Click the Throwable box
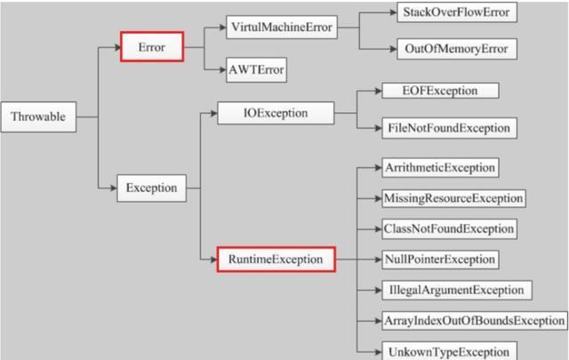[38, 116]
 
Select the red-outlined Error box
[152, 46]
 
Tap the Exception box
[151, 188]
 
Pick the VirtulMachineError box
[281, 28]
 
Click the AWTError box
[256, 69]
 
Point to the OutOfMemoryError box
[456, 49]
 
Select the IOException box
[276, 113]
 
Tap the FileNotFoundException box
[449, 128]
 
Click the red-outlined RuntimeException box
[276, 260]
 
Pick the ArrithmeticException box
[440, 167]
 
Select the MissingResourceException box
[453, 197]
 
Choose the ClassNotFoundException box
[449, 228]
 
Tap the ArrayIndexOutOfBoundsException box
[474, 320]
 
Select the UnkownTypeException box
[449, 351]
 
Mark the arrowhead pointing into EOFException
[377, 91]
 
